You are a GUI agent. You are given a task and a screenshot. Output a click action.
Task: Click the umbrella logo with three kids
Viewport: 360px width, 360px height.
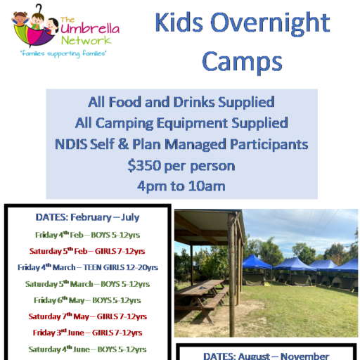[35, 26]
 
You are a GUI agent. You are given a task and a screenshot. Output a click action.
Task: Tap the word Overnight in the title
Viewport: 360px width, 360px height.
[271, 24]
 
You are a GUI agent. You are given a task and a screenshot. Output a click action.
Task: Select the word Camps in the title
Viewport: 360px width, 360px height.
[242, 63]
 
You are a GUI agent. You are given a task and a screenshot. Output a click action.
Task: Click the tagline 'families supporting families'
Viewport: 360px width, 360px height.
[63, 53]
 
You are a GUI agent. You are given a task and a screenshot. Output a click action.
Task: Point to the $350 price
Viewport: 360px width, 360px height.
[145, 166]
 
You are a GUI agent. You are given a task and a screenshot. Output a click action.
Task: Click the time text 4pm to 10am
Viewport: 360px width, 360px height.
[181, 186]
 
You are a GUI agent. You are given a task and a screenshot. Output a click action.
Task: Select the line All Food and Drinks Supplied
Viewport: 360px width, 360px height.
[181, 102]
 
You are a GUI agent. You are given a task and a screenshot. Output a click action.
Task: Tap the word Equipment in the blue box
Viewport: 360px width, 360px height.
[192, 123]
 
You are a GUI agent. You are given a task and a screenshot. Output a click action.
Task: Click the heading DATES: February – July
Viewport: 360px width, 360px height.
[87, 217]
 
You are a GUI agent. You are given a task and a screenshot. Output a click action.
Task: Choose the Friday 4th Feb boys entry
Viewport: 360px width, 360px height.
[87, 235]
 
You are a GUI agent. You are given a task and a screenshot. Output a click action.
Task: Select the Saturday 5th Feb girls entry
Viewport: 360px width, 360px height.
[87, 251]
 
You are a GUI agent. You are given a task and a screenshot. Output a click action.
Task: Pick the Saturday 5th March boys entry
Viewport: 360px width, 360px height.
[87, 284]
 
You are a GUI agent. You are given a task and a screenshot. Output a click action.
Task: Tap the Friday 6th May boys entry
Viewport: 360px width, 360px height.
[87, 300]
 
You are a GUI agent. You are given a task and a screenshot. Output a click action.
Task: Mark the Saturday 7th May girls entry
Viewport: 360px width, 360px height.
[88, 316]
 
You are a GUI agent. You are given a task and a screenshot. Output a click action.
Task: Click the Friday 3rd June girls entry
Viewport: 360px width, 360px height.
[87, 333]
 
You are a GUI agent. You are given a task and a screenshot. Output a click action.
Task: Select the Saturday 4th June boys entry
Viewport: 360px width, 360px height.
[87, 349]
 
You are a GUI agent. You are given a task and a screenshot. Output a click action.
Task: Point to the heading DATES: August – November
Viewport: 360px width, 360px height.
[266, 356]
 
